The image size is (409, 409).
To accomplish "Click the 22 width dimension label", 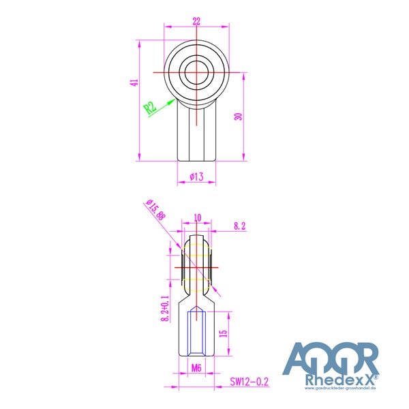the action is pyautogui.click(x=196, y=21).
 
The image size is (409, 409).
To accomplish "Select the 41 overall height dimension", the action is pyautogui.click(x=134, y=82).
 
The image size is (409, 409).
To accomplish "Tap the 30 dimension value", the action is pyautogui.click(x=239, y=117).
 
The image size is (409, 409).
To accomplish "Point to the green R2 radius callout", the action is pyautogui.click(x=150, y=108).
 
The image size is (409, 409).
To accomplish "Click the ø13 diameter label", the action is pyautogui.click(x=196, y=177).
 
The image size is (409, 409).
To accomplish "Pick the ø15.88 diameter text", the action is pyautogui.click(x=156, y=210).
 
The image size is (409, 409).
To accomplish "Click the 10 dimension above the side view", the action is pyautogui.click(x=198, y=217).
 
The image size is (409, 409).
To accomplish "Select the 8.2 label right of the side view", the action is pyautogui.click(x=239, y=226).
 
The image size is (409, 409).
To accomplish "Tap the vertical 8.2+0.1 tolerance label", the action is pyautogui.click(x=165, y=308).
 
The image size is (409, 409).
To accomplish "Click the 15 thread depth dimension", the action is pyautogui.click(x=224, y=333).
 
